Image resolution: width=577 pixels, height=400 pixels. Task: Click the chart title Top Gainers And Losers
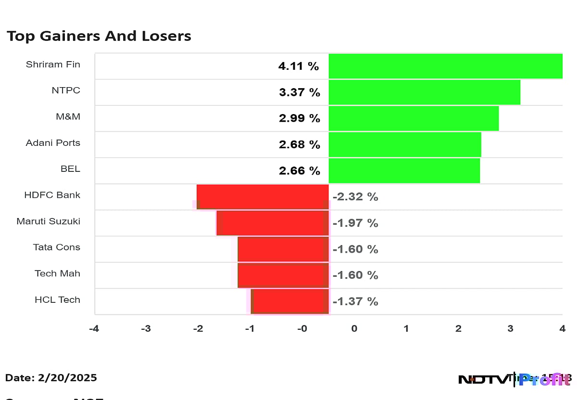click(99, 36)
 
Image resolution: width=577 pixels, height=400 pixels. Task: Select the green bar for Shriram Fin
click(445, 66)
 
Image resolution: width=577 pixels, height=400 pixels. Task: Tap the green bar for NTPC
click(424, 92)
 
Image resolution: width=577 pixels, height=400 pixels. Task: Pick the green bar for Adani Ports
click(405, 144)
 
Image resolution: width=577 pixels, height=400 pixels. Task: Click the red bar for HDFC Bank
click(263, 196)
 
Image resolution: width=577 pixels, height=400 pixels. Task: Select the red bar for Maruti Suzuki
click(273, 223)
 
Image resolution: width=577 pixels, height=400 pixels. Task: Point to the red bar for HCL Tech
click(290, 301)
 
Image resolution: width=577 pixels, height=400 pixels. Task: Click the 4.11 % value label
click(299, 66)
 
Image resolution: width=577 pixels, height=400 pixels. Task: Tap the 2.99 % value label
click(300, 118)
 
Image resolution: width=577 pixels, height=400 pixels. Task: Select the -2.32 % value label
click(355, 197)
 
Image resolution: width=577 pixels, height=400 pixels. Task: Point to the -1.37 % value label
click(355, 302)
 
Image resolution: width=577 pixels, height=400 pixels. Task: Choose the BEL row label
click(70, 169)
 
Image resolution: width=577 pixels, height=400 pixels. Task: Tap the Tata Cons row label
click(56, 247)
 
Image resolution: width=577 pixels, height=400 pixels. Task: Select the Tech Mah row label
click(57, 273)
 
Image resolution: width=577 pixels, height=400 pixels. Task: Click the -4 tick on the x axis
click(94, 329)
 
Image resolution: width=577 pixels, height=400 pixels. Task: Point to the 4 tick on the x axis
click(562, 329)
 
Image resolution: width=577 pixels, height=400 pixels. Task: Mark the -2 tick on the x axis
click(198, 329)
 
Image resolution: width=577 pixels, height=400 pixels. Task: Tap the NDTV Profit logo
click(514, 379)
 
